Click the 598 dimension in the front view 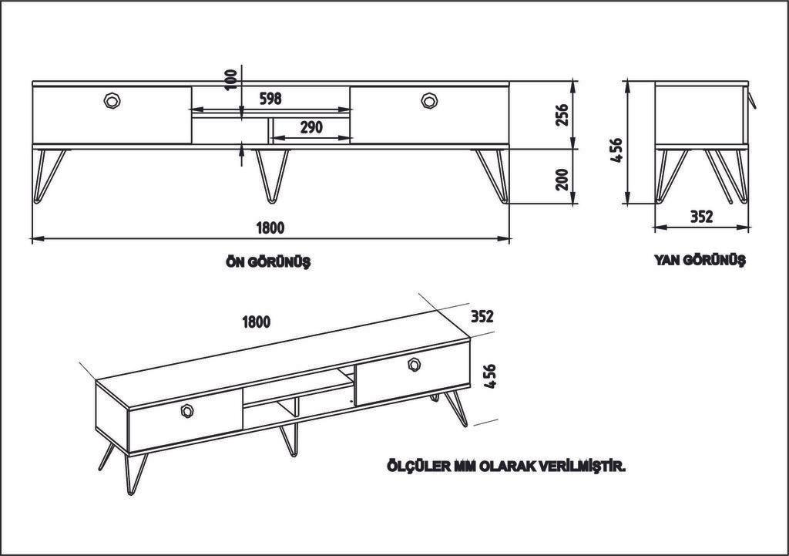coord(270,99)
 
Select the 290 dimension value coord(311,127)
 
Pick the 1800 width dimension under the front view coord(270,227)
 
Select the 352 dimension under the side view coord(700,217)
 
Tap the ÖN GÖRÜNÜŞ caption coord(268,262)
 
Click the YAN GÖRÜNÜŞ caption coord(700,261)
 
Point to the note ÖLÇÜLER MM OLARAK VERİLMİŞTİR coord(505,467)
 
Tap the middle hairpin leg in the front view coord(272,174)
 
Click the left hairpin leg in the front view coord(49,174)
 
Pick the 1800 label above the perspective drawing coord(255,322)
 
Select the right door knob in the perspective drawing coord(415,364)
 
